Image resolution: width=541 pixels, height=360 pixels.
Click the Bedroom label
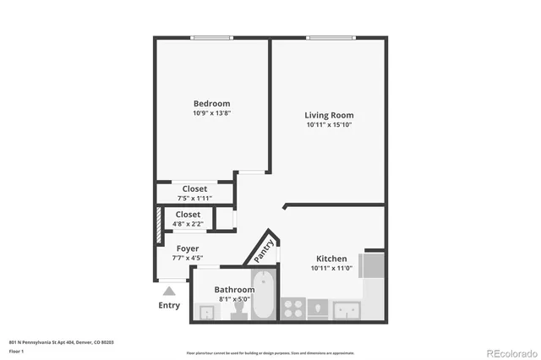tap(211, 104)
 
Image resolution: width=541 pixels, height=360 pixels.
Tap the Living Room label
tap(329, 115)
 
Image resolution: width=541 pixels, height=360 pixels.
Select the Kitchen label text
tap(331, 259)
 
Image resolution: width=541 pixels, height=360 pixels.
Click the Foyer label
tap(188, 248)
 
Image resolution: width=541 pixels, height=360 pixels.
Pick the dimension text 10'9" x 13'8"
tap(211, 113)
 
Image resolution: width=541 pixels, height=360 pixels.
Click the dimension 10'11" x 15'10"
tap(329, 124)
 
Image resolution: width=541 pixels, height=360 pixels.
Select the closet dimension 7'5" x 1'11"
tap(194, 198)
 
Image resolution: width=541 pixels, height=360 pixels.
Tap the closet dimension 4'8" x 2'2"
tap(188, 224)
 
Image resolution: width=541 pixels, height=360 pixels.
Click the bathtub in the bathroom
tap(264, 296)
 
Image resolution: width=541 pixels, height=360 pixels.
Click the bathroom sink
tap(205, 312)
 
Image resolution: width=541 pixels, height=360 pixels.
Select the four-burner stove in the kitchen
tap(293, 308)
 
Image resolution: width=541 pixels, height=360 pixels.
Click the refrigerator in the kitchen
tap(373, 265)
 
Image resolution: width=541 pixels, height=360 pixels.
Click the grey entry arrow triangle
tap(169, 292)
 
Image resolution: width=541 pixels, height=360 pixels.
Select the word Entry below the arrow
tap(169, 305)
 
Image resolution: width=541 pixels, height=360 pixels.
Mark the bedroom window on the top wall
tap(211, 37)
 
